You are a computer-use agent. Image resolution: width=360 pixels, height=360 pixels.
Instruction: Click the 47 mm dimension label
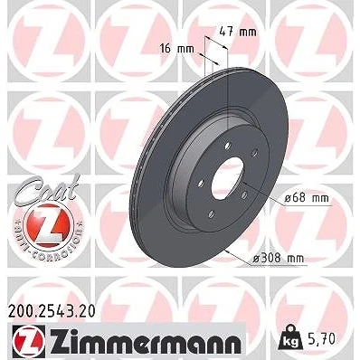238,32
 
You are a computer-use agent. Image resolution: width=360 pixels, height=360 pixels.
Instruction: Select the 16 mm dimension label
177,48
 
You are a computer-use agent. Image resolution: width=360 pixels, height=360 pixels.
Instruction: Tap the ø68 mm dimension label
307,198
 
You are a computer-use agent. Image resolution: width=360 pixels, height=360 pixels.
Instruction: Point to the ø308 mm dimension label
278,258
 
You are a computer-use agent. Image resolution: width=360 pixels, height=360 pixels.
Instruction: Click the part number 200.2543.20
52,312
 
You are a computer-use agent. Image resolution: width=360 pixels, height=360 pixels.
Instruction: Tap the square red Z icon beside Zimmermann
29,341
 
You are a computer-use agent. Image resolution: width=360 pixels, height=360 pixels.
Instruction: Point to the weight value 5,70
322,339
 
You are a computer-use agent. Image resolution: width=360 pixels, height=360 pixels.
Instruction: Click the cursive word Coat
50,189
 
